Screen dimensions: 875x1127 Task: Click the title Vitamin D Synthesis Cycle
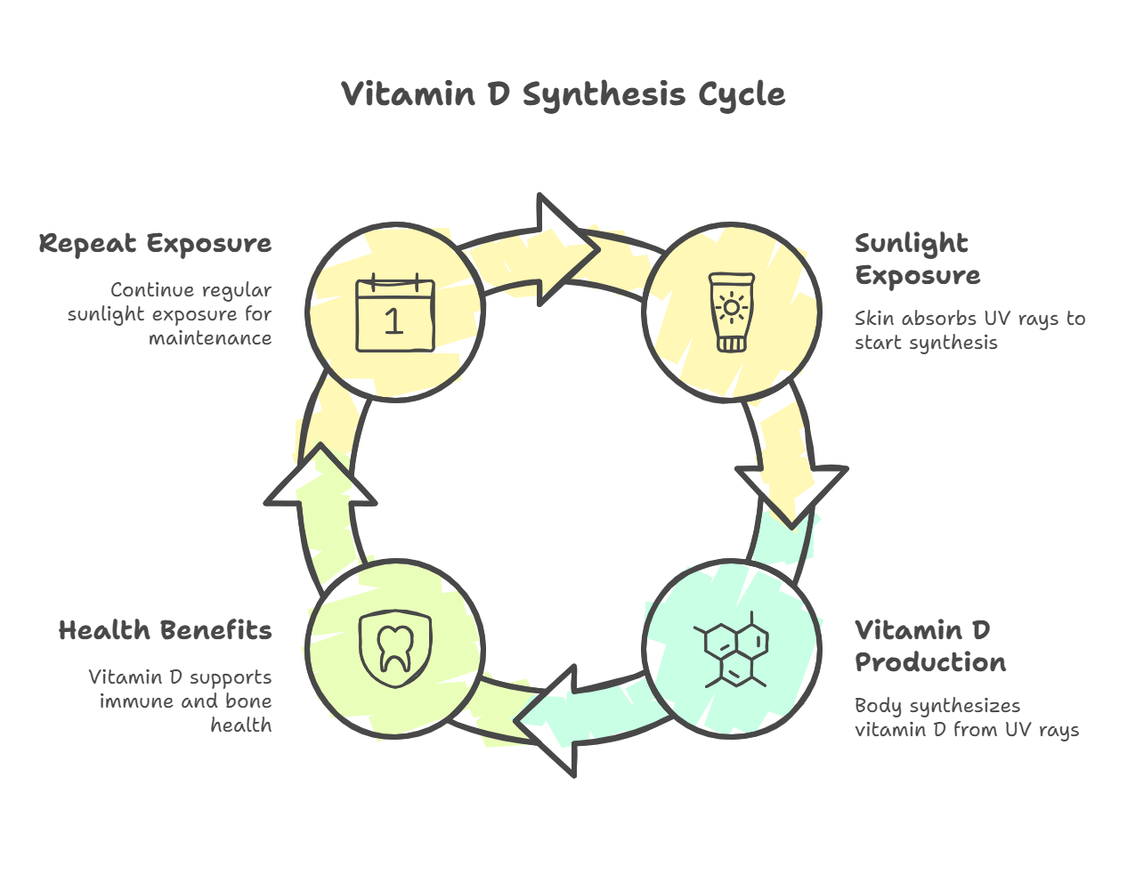click(x=563, y=94)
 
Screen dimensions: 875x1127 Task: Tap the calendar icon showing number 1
click(x=394, y=315)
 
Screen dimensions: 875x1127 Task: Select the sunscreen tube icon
click(x=731, y=312)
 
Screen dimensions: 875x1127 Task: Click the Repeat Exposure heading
click(x=155, y=244)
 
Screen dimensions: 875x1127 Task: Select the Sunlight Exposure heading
click(x=916, y=259)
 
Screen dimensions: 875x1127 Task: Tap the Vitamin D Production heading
click(x=929, y=646)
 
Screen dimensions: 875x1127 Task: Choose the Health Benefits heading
click(x=165, y=631)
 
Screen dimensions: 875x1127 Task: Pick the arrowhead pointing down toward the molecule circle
click(x=791, y=493)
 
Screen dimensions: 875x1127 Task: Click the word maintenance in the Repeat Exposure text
click(x=210, y=338)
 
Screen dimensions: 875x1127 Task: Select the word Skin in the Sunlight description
click(x=874, y=319)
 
